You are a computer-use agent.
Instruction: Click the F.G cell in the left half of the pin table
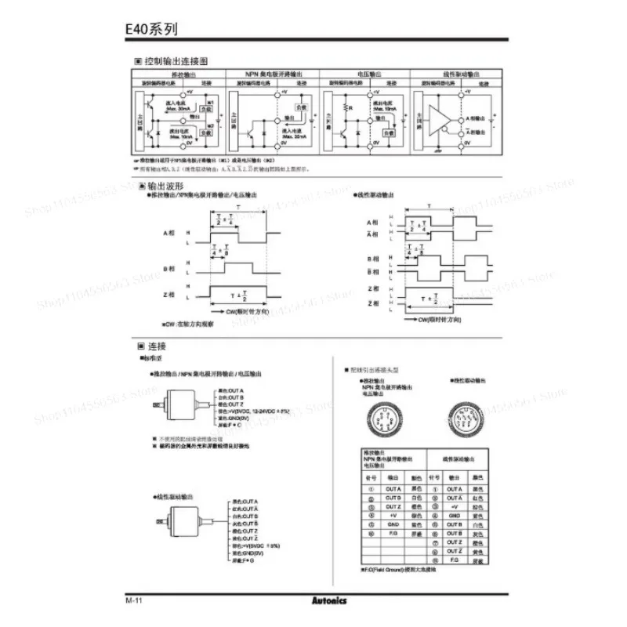(393, 534)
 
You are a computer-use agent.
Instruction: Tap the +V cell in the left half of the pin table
(393, 516)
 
